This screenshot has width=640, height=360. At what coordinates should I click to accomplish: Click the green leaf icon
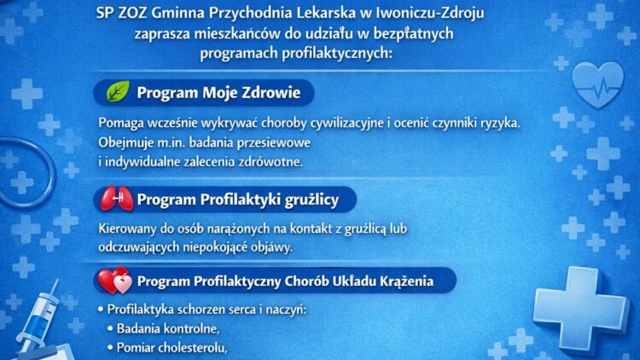pyautogui.click(x=117, y=92)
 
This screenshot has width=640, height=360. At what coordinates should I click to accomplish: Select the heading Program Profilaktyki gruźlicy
pyautogui.click(x=238, y=200)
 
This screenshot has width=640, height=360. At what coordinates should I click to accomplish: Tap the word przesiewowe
pyautogui.click(x=272, y=142)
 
